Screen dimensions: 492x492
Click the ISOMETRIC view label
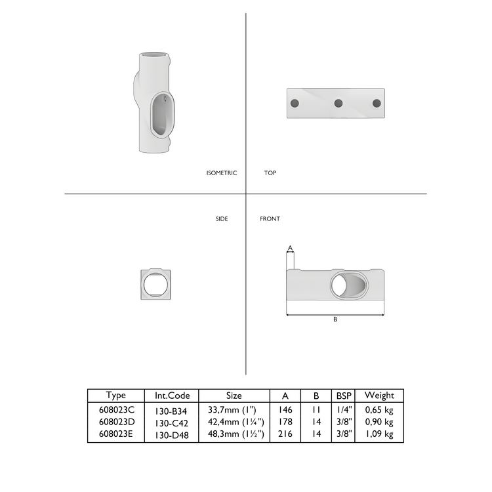[221, 173]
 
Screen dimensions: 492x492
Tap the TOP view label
[270, 173]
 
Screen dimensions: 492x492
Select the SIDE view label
[222, 218]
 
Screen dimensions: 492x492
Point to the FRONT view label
[270, 218]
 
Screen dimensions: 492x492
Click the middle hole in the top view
[338, 103]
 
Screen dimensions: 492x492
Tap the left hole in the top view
[295, 103]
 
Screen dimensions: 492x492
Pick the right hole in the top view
[377, 103]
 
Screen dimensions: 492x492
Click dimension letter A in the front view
[289, 247]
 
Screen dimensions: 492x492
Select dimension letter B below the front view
[335, 319]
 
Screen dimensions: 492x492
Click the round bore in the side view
[157, 285]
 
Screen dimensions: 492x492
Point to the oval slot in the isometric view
[159, 115]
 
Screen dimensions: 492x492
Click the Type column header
[115, 396]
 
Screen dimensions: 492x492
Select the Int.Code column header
[172, 396]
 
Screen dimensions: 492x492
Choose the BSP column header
[343, 396]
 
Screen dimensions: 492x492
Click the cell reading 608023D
[115, 422]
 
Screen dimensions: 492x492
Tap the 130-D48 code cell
[172, 434]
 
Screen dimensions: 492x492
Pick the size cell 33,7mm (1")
[234, 410]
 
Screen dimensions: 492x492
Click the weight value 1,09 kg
[379, 434]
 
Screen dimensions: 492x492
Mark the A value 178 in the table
[285, 422]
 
